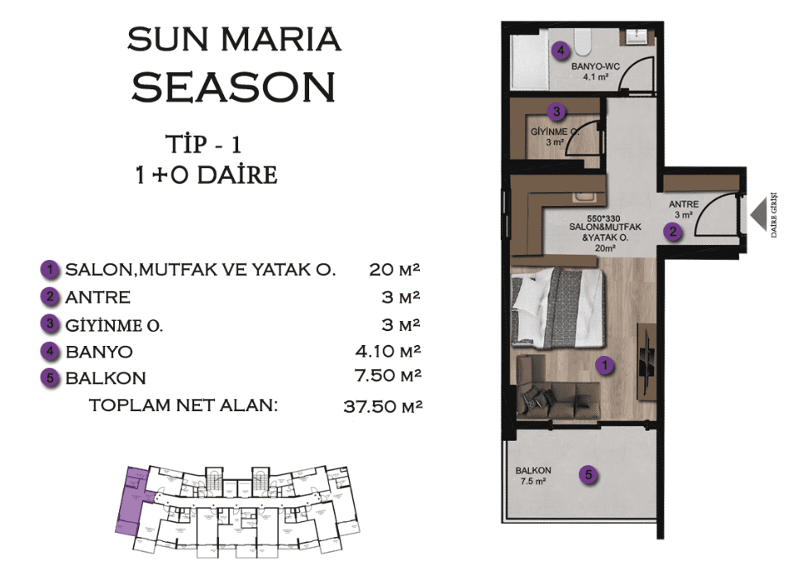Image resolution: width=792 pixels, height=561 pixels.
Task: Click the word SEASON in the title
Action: pyautogui.click(x=233, y=88)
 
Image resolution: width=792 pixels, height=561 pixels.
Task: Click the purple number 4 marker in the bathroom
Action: pyautogui.click(x=561, y=50)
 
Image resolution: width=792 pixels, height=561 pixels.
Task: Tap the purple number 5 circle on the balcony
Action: pyautogui.click(x=589, y=475)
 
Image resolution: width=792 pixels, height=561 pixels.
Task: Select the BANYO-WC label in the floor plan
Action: pyautogui.click(x=595, y=66)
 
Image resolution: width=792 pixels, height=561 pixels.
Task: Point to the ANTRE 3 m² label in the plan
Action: pyautogui.click(x=684, y=209)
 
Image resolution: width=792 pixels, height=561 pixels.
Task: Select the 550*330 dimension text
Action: pyautogui.click(x=604, y=218)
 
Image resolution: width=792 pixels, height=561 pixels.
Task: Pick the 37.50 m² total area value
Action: pyautogui.click(x=383, y=405)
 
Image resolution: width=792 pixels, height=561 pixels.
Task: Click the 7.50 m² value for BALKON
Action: pyautogui.click(x=388, y=376)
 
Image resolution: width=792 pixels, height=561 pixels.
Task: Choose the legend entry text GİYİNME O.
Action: pyautogui.click(x=114, y=325)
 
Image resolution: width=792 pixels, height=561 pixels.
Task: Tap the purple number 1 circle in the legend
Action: pyautogui.click(x=50, y=270)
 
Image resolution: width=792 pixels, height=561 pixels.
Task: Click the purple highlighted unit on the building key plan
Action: pyautogui.click(x=131, y=501)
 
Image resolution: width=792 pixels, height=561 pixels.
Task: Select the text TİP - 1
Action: pyautogui.click(x=203, y=145)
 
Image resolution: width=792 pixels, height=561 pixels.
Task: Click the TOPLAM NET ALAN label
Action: pyautogui.click(x=184, y=405)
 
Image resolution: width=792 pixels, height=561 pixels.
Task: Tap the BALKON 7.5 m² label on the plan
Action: pyautogui.click(x=533, y=476)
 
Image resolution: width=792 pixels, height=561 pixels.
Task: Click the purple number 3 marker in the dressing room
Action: pyautogui.click(x=556, y=111)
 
